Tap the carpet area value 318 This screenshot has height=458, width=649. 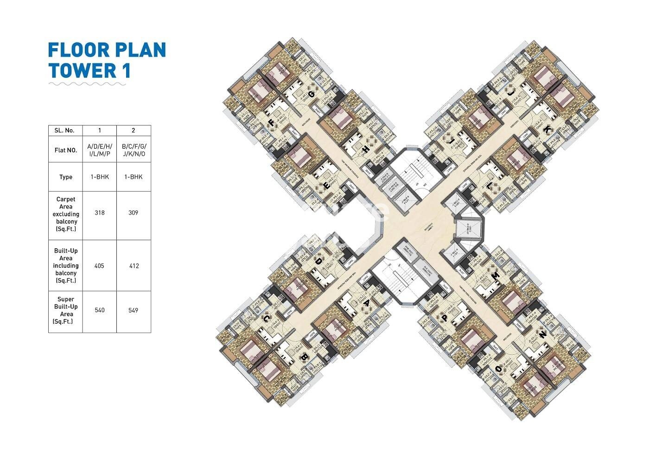tap(99, 213)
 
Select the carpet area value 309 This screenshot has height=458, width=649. tap(133, 213)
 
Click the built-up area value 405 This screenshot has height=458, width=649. tap(99, 266)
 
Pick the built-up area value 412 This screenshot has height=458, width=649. tap(133, 266)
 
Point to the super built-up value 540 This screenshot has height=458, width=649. tap(99, 310)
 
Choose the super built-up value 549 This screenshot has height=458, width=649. tap(133, 310)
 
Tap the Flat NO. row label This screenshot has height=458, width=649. tap(66, 151)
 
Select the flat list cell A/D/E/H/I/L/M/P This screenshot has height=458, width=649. tap(99, 151)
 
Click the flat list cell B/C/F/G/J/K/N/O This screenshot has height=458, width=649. tap(133, 151)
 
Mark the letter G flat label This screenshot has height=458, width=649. tap(311, 94)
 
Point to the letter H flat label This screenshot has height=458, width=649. tap(366, 150)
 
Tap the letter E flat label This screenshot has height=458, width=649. tap(326, 186)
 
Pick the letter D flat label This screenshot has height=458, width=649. tap(319, 261)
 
